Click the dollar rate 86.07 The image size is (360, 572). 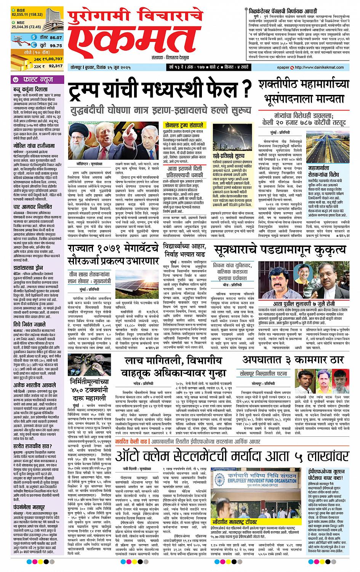pos(56,37)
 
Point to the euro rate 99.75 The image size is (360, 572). pos(56,45)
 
